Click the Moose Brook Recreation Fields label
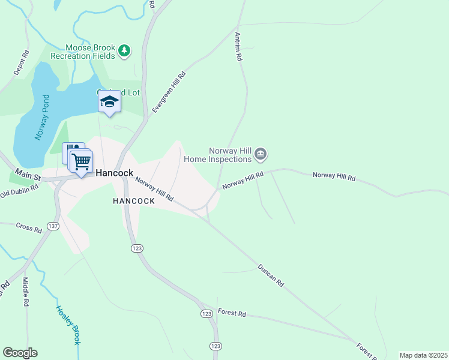pos(91,51)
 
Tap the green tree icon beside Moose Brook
pos(124,50)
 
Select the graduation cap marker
pos(109,101)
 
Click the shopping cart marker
pos(81,161)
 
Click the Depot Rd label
pos(21,62)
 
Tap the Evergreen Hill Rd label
pos(169,92)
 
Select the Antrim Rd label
pos(238,47)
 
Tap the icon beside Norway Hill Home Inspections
pos(261,155)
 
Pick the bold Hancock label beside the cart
pos(114,172)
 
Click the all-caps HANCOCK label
pos(134,202)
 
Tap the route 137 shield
pos(53,226)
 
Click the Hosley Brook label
pos(68,325)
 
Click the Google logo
pos(20,353)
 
